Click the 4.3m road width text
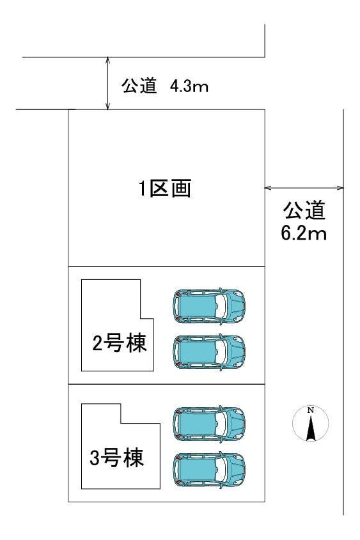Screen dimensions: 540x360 pyautogui.click(x=189, y=86)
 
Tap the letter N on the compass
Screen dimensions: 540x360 pyautogui.click(x=310, y=410)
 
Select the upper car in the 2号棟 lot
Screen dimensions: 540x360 pyautogui.click(x=208, y=305)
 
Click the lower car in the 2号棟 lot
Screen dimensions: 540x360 pyautogui.click(x=208, y=350)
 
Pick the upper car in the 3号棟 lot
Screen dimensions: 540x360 pyautogui.click(x=208, y=422)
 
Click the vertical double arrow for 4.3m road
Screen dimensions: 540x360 pyautogui.click(x=108, y=82)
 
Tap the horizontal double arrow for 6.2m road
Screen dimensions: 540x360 pyautogui.click(x=304, y=188)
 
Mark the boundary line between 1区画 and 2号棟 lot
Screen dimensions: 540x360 pyautogui.click(x=166, y=266)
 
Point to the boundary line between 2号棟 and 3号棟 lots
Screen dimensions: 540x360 pyautogui.click(x=166, y=385)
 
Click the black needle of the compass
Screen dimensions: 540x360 pyautogui.click(x=310, y=428)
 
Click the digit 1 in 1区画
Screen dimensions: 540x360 pyautogui.click(x=145, y=189)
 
